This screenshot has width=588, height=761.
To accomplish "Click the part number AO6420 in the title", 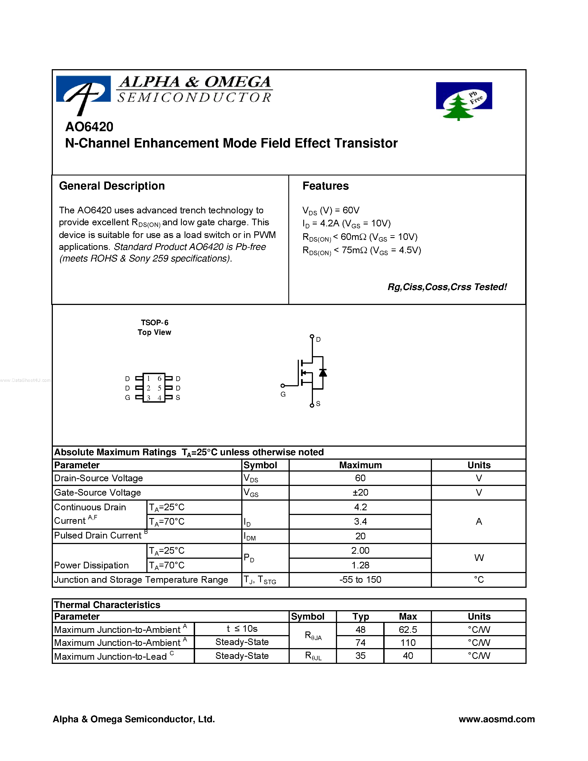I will [x=89, y=127].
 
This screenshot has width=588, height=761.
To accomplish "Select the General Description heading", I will [x=112, y=186].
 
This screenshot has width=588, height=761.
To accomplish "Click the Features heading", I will [x=325, y=186].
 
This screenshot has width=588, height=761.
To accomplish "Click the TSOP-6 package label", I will [x=154, y=323].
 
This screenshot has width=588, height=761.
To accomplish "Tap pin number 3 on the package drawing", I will [x=148, y=398].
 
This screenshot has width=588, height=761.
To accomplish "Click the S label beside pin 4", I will [x=178, y=398].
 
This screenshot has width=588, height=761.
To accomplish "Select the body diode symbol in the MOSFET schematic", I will [x=323, y=372].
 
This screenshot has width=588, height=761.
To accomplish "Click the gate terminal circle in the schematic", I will [x=283, y=386].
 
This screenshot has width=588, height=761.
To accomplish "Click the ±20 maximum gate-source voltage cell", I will [x=360, y=492].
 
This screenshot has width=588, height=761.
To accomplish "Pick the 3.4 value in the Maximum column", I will [x=360, y=522].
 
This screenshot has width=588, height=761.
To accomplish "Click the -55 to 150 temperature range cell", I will [x=360, y=580].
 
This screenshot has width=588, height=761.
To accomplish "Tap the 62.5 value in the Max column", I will [x=408, y=630].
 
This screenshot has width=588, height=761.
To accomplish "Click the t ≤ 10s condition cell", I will [x=242, y=629].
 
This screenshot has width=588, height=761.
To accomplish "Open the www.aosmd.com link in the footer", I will [x=496, y=719].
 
